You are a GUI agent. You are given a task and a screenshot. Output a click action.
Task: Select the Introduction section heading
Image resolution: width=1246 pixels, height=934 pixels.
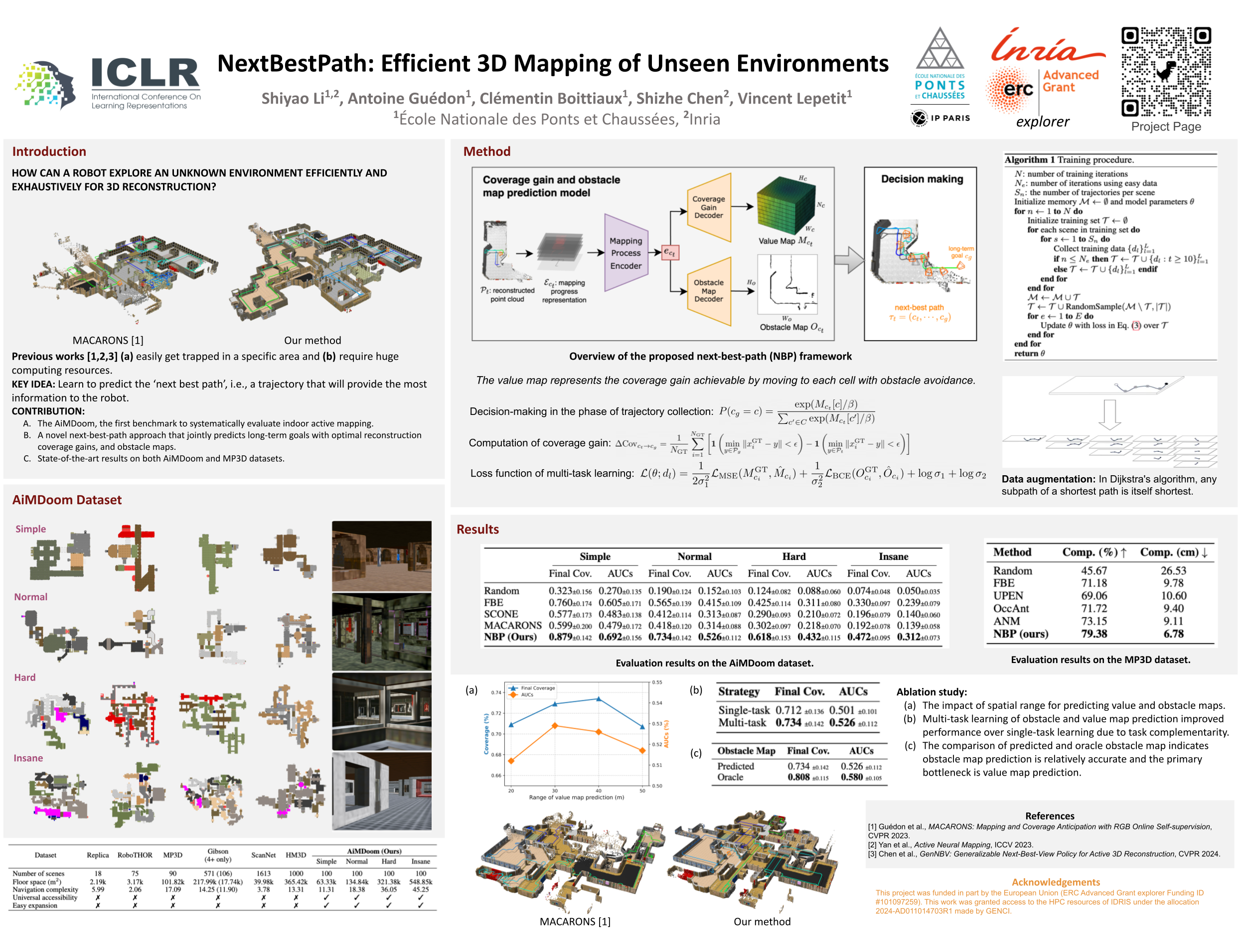[49, 151]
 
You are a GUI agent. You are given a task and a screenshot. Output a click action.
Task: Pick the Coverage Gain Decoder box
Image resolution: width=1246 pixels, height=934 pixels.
[709, 207]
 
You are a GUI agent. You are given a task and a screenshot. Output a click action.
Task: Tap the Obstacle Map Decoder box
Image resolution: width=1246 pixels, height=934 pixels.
[709, 291]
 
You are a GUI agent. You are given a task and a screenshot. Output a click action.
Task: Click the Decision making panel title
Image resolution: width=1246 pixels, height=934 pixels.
[922, 179]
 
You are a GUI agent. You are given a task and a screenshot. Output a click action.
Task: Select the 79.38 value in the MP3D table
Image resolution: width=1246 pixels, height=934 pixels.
[1094, 634]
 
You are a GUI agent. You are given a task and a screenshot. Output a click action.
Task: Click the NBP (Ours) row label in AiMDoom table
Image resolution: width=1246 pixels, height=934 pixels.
[510, 637]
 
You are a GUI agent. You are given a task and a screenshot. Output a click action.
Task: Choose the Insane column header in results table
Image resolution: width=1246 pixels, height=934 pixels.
[893, 557]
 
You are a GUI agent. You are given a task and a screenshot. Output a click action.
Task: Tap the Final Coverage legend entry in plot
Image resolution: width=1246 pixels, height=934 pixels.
[537, 688]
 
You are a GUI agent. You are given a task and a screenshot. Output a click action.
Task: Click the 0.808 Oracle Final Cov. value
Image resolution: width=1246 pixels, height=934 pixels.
[798, 778]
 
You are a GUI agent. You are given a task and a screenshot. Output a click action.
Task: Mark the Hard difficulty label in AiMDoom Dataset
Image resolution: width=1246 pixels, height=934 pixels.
[25, 678]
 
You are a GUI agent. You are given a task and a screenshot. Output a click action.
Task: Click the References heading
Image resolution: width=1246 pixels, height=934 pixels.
[1050, 816]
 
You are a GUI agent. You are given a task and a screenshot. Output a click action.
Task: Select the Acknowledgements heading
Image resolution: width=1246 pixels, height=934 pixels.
[1056, 882]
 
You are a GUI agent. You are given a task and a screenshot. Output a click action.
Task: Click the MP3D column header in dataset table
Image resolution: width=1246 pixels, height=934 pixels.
[172, 855]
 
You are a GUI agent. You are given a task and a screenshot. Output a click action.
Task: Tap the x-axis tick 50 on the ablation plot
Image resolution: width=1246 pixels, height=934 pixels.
[642, 791]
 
